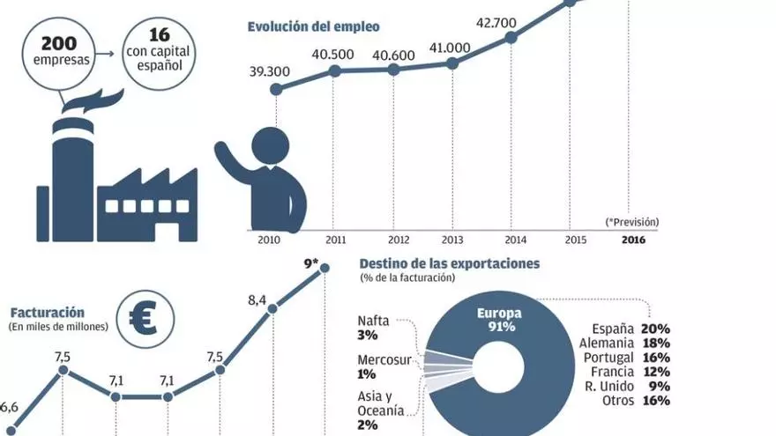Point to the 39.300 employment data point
point(276,89)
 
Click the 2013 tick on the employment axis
point(452,239)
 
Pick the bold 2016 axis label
point(632,239)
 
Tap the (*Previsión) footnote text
point(631,221)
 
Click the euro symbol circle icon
point(143,318)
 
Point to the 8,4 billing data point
point(272,308)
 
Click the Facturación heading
point(48,312)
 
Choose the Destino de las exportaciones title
point(450,263)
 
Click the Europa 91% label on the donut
point(499,319)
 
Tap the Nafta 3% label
point(374,329)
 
